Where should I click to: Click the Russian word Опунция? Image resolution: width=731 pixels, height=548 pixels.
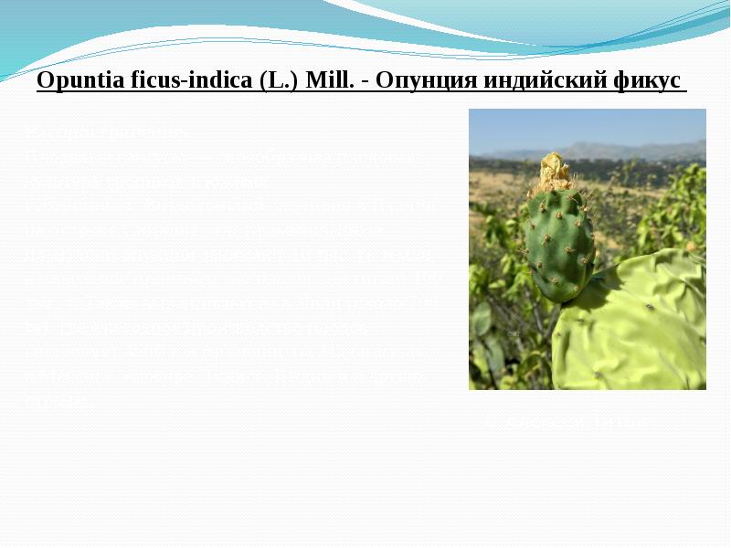424,80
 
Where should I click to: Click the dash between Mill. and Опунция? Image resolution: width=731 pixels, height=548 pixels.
364,81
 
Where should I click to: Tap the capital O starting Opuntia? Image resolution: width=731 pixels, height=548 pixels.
43,80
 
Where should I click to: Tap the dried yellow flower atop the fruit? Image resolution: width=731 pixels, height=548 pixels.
553,172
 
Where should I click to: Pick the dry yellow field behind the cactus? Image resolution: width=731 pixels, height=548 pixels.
498,183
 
